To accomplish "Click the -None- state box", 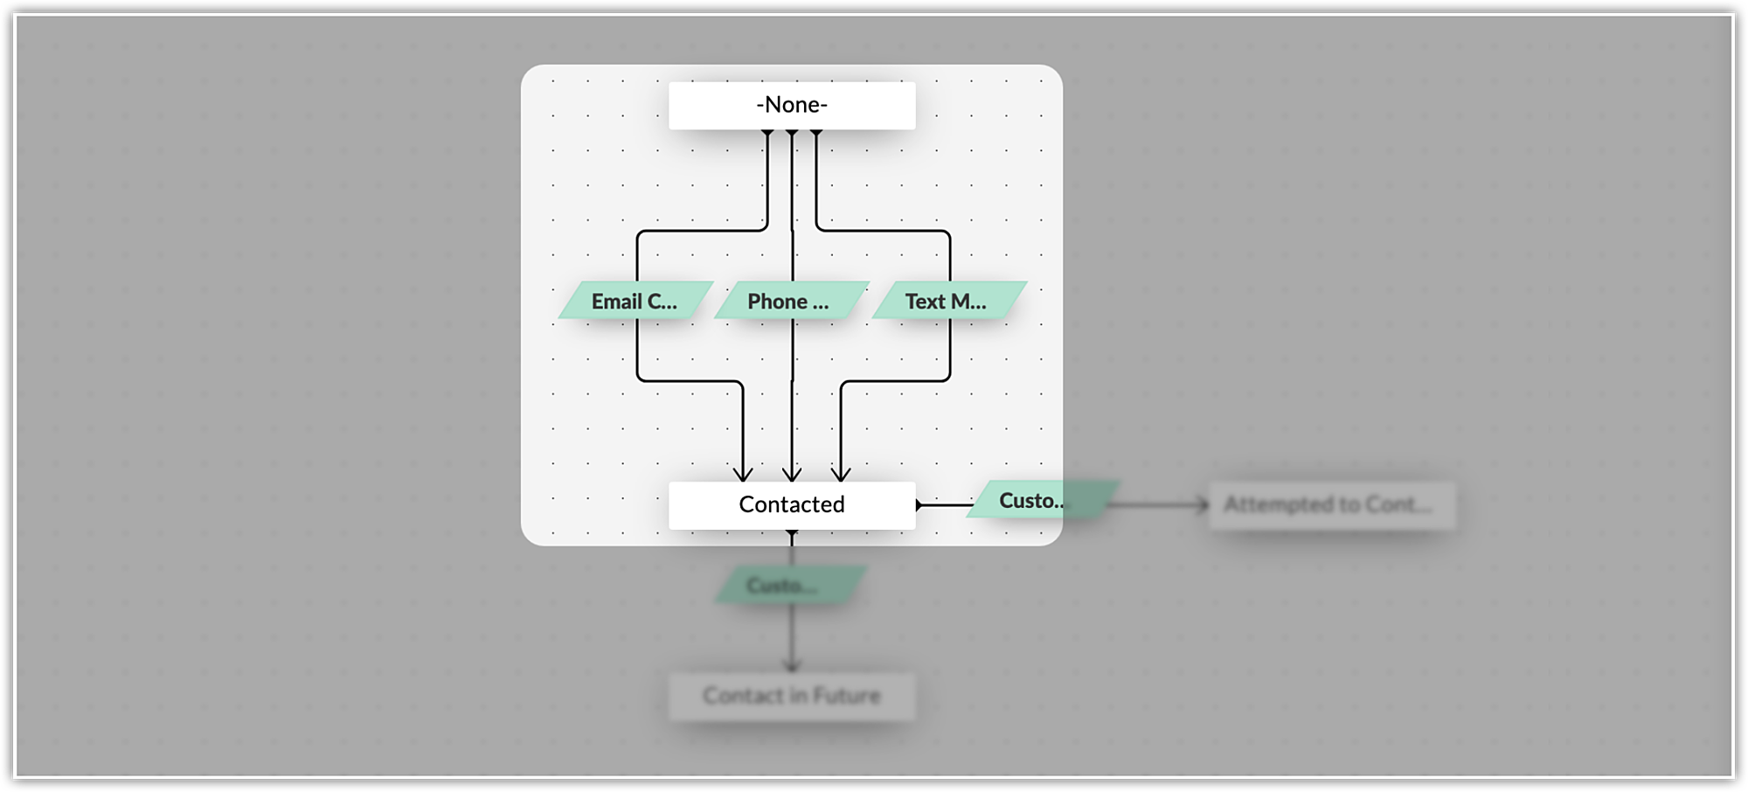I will coord(792,106).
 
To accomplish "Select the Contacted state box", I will coord(792,505).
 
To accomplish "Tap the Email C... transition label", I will coord(635,301).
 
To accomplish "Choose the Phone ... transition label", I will coord(791,301).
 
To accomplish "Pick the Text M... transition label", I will coord(948,301).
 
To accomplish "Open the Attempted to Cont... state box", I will coord(1331,505).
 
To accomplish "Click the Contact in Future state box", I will coord(792,697).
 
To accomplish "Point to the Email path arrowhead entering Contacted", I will coord(743,475).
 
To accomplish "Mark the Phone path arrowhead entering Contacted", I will coord(792,475).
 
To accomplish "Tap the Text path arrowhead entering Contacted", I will coord(841,475).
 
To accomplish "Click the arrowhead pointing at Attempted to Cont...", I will coord(1203,504).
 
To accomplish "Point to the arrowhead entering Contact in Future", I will coord(792,667).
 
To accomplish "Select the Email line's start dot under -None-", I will coord(767,133).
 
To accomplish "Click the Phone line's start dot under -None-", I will coord(792,133).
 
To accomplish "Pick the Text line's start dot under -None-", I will coord(816,133).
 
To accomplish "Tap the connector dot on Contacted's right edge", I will coord(919,505).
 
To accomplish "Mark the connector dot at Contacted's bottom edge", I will coord(792,531).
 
